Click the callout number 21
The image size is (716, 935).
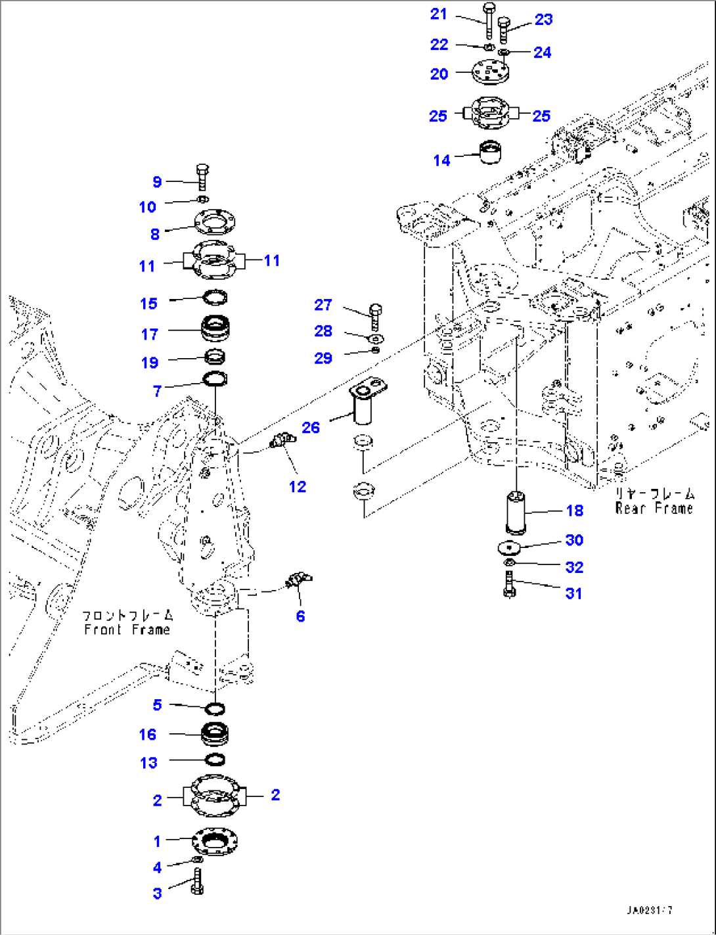click(x=438, y=14)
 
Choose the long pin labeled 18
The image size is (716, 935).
click(x=516, y=511)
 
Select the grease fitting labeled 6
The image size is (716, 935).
click(x=299, y=580)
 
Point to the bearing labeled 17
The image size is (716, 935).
click(x=215, y=329)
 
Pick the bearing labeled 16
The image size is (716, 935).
click(x=215, y=734)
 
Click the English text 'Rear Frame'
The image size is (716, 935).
click(x=654, y=508)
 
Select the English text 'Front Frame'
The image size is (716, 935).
click(x=127, y=629)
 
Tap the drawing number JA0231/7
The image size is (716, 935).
click(x=649, y=910)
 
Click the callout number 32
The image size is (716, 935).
click(x=574, y=567)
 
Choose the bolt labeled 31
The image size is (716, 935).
click(x=509, y=584)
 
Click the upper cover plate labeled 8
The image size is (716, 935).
click(x=215, y=223)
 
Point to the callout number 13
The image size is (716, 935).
click(x=149, y=762)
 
